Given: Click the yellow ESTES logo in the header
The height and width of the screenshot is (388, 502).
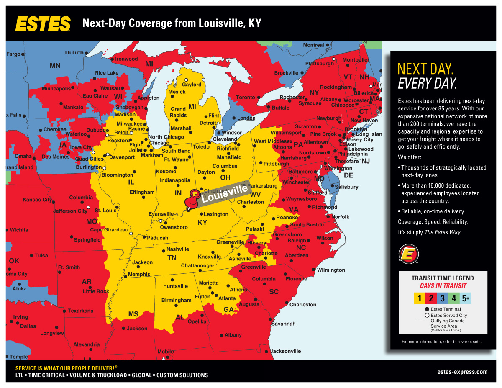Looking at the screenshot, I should [43, 23].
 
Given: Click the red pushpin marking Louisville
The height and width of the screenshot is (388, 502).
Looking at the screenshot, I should [193, 199].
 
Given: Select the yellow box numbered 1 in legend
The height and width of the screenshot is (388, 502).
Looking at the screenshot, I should [419, 298].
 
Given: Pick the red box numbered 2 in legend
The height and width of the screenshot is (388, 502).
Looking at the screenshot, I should [431, 298].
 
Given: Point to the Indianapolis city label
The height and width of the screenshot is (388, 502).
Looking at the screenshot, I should [175, 180].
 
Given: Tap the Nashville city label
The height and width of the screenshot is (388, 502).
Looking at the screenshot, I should [178, 249].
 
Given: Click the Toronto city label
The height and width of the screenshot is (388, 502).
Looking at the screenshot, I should [245, 98].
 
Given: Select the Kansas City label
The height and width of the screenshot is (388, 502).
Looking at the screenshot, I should [37, 200].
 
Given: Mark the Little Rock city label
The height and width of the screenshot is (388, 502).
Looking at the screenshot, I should [96, 291].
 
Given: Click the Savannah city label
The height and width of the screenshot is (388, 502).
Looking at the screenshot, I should [283, 324].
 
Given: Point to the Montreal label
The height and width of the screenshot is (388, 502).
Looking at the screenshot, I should [313, 45].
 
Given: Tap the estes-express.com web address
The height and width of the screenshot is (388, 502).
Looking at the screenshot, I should [462, 372].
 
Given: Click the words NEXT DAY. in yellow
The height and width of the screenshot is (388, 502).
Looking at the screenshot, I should [425, 69].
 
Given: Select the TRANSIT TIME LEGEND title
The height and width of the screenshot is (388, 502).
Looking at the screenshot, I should [443, 278].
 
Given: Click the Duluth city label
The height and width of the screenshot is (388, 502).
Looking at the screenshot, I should [74, 53].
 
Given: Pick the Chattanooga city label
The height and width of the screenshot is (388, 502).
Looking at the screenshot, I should [197, 266].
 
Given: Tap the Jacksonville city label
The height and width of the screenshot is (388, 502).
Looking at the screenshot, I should [285, 351].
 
